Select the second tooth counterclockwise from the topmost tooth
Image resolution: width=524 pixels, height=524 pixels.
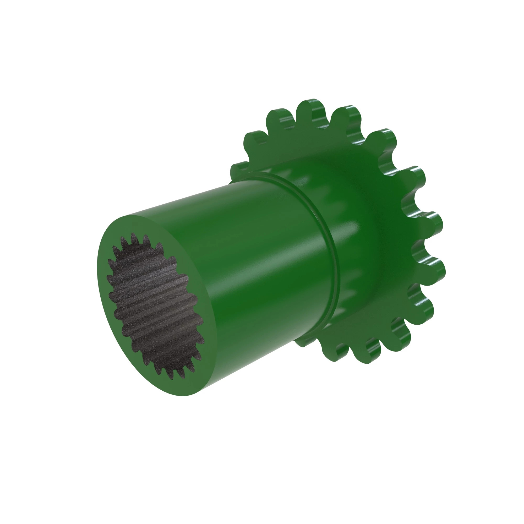point(255,138)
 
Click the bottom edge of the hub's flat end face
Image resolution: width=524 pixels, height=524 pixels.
point(187,395)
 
